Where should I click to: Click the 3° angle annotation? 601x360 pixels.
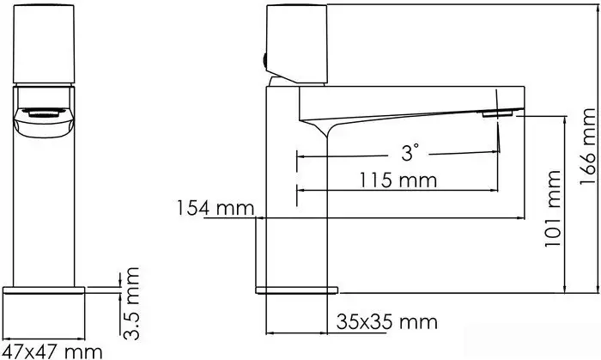coord(410,153)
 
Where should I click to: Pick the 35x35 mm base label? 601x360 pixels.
coord(386,322)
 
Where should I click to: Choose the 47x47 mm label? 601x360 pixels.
coord(52,350)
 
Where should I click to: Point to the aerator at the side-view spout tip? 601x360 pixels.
coord(500,113)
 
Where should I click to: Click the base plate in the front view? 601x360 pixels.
coord(46,289)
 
